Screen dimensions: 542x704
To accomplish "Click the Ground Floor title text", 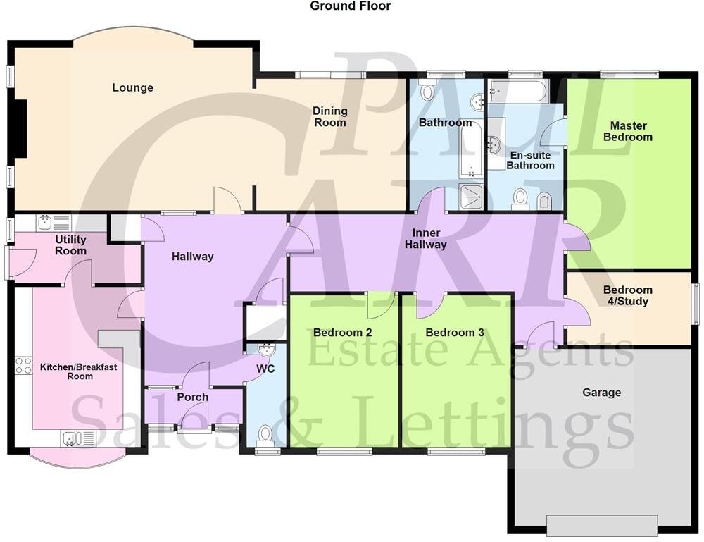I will pos(350,6).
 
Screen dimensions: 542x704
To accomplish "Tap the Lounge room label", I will pos(132,88).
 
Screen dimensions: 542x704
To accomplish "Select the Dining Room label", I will pos(330,116).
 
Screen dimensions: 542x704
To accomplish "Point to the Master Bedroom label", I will pos(628,131).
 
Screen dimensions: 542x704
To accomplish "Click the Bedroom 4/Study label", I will pos(628,295).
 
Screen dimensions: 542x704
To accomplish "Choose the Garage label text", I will pos(601,393).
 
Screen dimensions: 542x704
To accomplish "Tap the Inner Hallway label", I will pos(426,239).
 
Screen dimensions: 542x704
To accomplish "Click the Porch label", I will pos(192,397).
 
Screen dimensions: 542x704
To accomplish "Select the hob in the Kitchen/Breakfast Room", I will pos(23,365).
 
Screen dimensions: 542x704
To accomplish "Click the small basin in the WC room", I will pos(267,349).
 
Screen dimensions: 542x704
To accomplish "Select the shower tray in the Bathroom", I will pos(471,197).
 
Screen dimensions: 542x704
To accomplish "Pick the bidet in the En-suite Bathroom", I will pos(544,201).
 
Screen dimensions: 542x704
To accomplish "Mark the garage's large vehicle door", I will pos(602,525).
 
